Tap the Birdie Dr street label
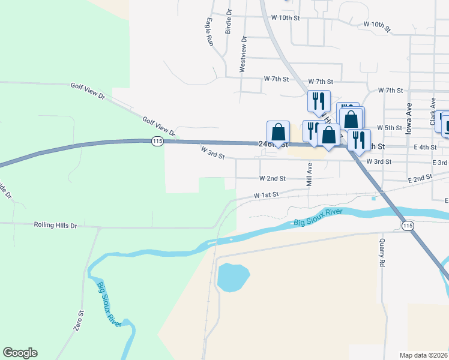click(229, 22)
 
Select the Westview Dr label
click(243, 55)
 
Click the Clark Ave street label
click(432, 112)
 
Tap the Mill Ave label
click(310, 175)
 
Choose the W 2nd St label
click(273, 179)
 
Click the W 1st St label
click(267, 195)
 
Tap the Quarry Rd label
click(381, 253)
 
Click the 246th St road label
click(274, 145)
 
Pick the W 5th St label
click(389, 128)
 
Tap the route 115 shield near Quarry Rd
click(408, 225)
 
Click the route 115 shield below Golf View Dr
click(157, 141)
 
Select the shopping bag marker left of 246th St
click(278, 131)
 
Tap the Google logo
click(20, 353)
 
